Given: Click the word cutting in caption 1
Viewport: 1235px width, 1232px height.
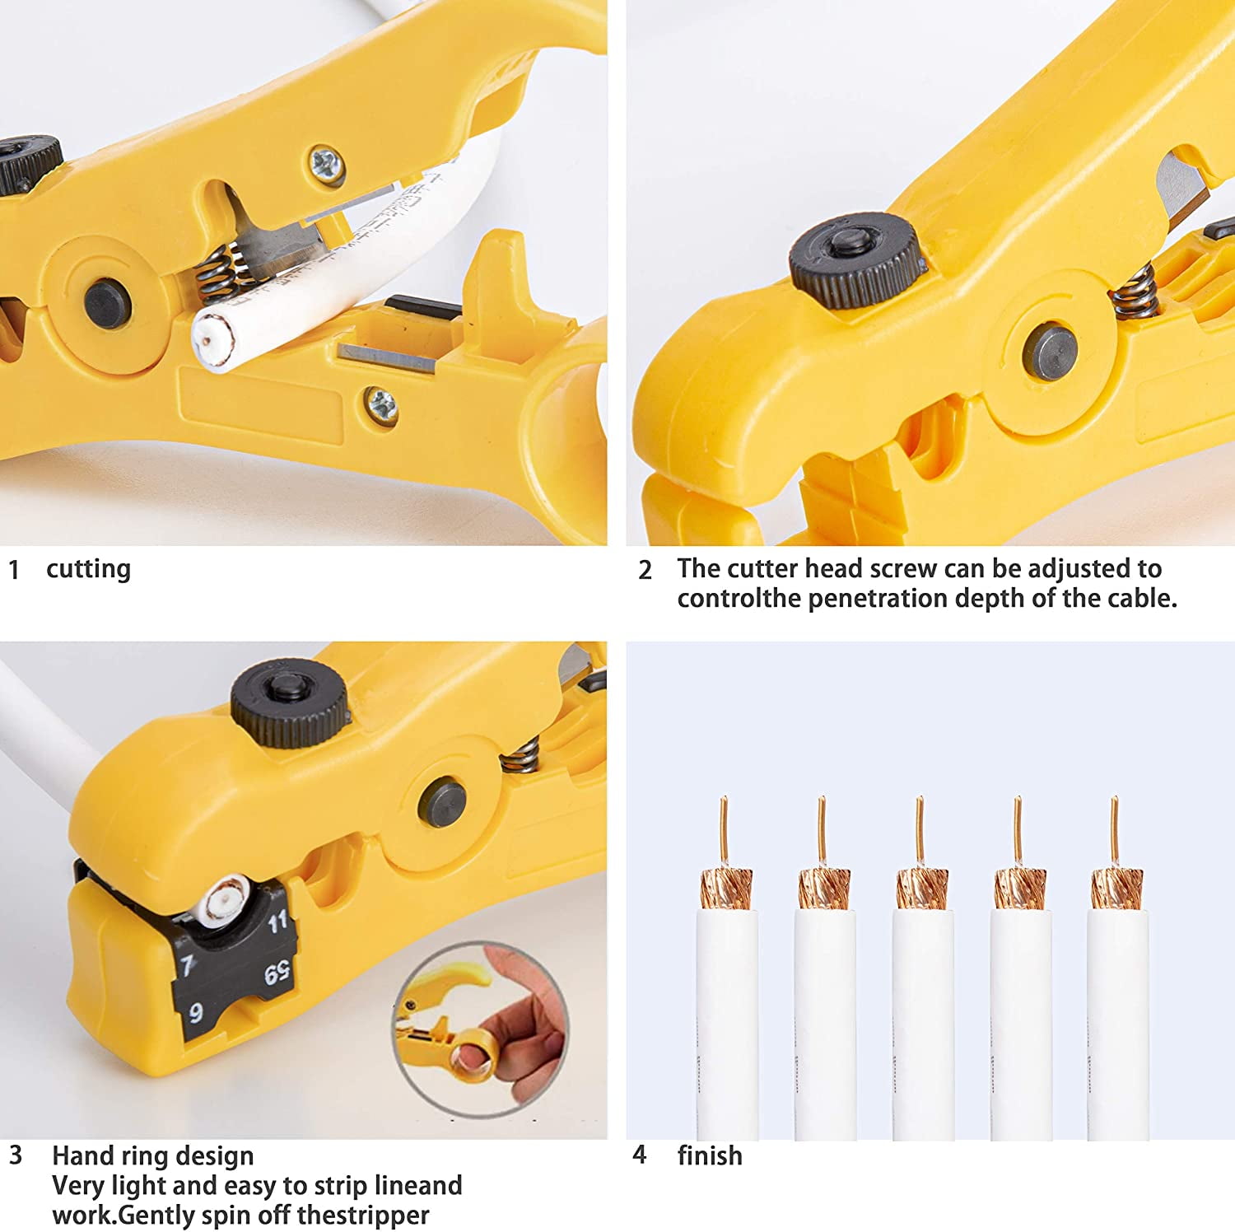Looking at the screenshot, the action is [x=88, y=569].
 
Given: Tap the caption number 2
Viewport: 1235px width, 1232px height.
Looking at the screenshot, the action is [x=645, y=570].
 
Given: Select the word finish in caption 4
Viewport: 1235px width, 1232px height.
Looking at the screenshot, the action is [x=710, y=1155].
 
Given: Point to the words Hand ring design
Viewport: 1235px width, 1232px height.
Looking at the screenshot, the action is [x=153, y=1156].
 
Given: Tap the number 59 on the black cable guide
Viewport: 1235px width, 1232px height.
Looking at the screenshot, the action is [x=277, y=974].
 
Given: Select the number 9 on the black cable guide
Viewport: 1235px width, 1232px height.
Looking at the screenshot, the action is [x=196, y=1012].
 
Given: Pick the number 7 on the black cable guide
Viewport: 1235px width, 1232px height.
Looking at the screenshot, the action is [x=188, y=964].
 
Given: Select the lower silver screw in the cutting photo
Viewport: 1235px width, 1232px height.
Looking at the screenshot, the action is [x=382, y=407].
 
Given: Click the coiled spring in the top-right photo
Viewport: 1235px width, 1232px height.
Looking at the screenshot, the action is [x=1135, y=294].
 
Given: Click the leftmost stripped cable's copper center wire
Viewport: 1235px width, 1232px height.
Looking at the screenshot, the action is [x=724, y=832].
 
